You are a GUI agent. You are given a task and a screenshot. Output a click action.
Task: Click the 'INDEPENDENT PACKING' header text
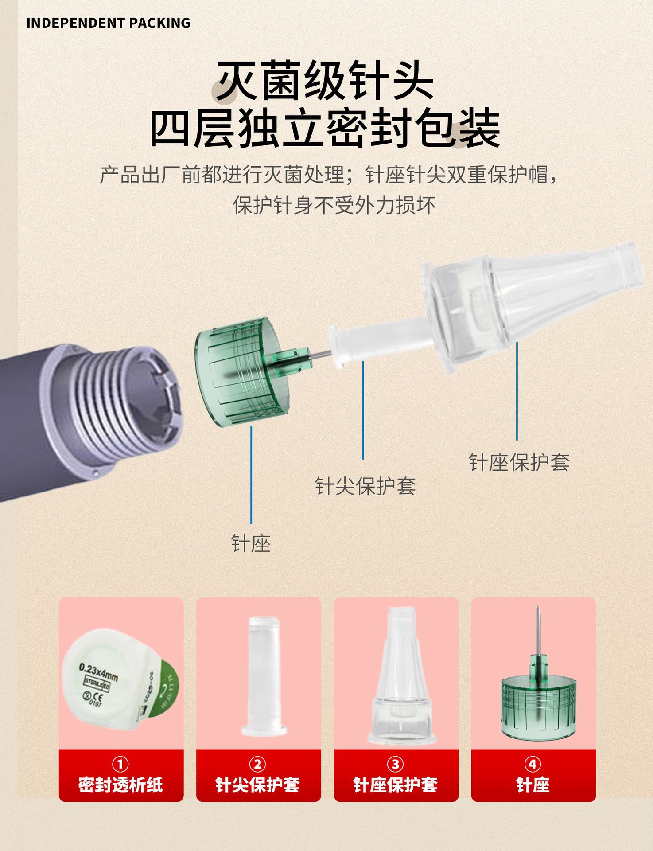tap(108, 23)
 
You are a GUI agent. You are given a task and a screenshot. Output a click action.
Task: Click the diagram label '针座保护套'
tap(519, 462)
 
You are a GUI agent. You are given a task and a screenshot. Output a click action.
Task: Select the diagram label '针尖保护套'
tap(365, 486)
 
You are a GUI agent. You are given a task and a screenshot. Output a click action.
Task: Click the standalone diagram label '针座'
tap(251, 543)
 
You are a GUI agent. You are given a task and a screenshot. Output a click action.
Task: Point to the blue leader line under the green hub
tap(251, 474)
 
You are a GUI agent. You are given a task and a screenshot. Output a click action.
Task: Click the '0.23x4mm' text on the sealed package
tap(98, 672)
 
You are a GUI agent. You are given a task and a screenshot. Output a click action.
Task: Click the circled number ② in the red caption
tap(257, 764)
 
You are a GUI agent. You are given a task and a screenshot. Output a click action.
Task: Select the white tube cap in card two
tap(263, 674)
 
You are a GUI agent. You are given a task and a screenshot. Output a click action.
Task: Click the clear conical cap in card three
tap(401, 678)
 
